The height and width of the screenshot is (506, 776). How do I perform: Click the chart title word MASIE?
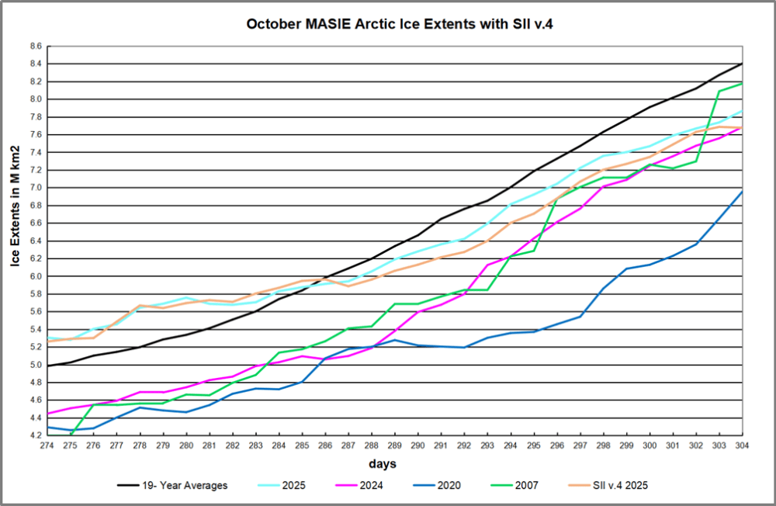324,24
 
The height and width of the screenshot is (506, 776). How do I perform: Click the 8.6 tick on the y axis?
36,47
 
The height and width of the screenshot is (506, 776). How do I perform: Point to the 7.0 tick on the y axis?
36,188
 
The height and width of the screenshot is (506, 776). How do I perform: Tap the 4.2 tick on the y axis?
36,436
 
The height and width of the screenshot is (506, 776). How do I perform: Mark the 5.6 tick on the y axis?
36,312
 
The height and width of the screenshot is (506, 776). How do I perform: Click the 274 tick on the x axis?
48,445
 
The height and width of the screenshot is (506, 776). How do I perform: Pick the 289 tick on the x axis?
395,445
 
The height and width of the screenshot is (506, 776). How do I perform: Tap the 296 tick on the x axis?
557,445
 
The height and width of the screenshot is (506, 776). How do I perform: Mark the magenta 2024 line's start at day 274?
48,414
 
